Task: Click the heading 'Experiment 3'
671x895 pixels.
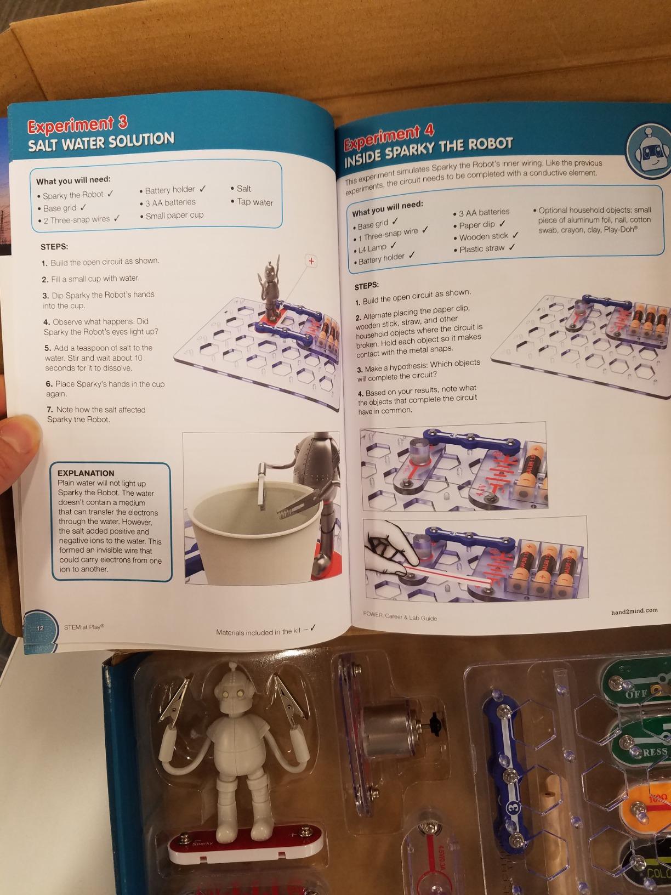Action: click(77, 126)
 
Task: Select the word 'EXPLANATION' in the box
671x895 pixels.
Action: click(86, 473)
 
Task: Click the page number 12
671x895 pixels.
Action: click(40, 628)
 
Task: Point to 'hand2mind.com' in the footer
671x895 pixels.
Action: click(634, 611)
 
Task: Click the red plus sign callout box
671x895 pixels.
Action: click(311, 261)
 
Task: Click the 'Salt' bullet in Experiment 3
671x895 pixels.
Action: click(243, 189)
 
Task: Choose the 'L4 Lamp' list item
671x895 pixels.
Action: click(372, 248)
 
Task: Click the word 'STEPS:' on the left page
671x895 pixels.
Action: click(54, 247)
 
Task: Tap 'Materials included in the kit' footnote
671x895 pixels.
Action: click(260, 632)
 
